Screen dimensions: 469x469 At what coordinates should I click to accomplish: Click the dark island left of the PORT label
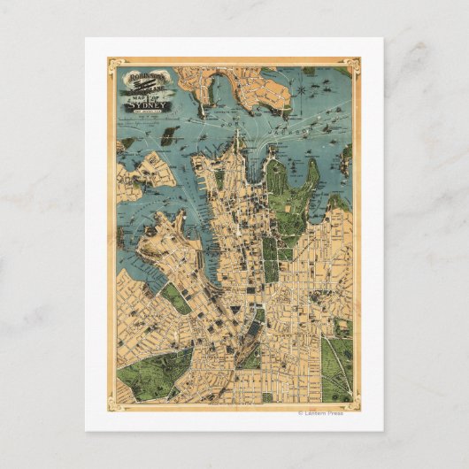[169, 135]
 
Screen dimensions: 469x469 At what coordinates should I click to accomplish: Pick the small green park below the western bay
[175, 298]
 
